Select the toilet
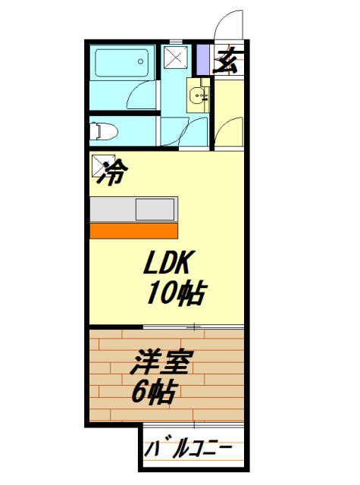[104, 131]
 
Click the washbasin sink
[198, 96]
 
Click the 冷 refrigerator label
[111, 174]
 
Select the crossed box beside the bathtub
[177, 58]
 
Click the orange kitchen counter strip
[133, 230]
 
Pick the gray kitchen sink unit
[133, 208]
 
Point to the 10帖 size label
[177, 292]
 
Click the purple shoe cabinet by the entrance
[202, 58]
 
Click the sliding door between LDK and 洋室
[193, 327]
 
